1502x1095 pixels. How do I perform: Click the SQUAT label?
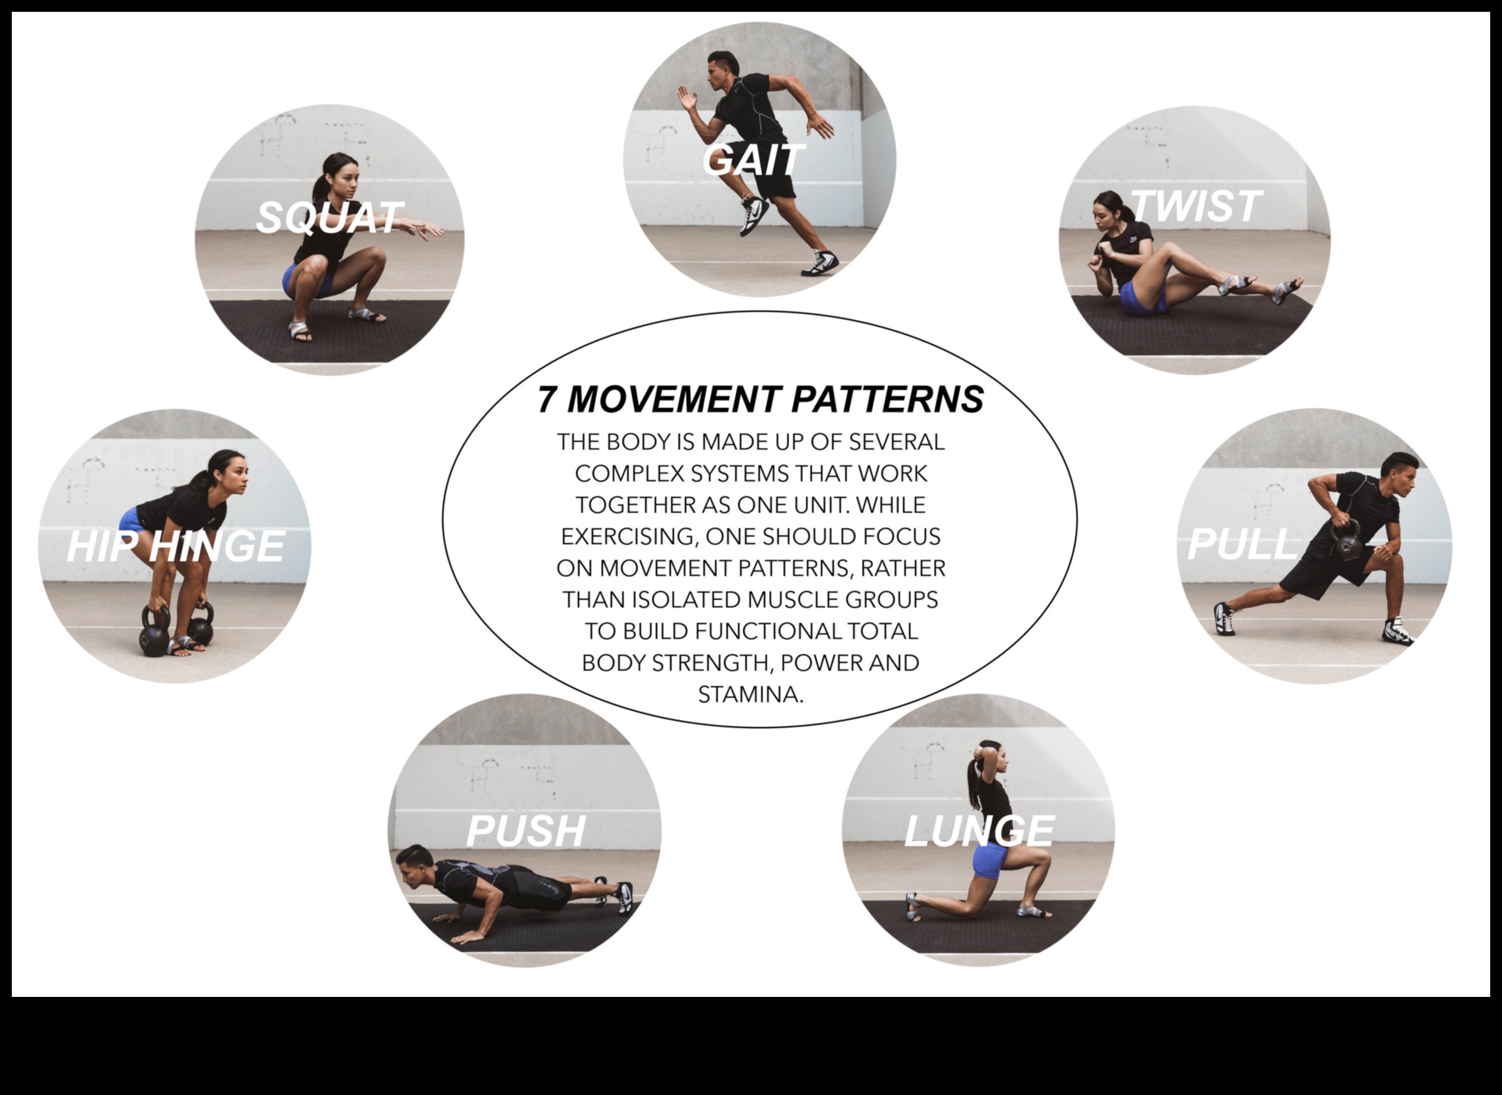(x=329, y=217)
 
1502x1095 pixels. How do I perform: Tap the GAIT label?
(x=753, y=160)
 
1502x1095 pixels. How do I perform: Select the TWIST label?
(x=1195, y=206)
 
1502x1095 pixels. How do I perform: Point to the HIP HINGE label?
(x=176, y=547)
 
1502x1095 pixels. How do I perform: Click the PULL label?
(x=1241, y=544)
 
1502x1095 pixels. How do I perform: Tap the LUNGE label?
(x=979, y=830)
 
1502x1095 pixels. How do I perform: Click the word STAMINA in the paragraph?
(x=750, y=695)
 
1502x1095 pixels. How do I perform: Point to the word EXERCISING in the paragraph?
(x=629, y=536)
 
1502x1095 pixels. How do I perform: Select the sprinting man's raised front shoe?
(x=754, y=215)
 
